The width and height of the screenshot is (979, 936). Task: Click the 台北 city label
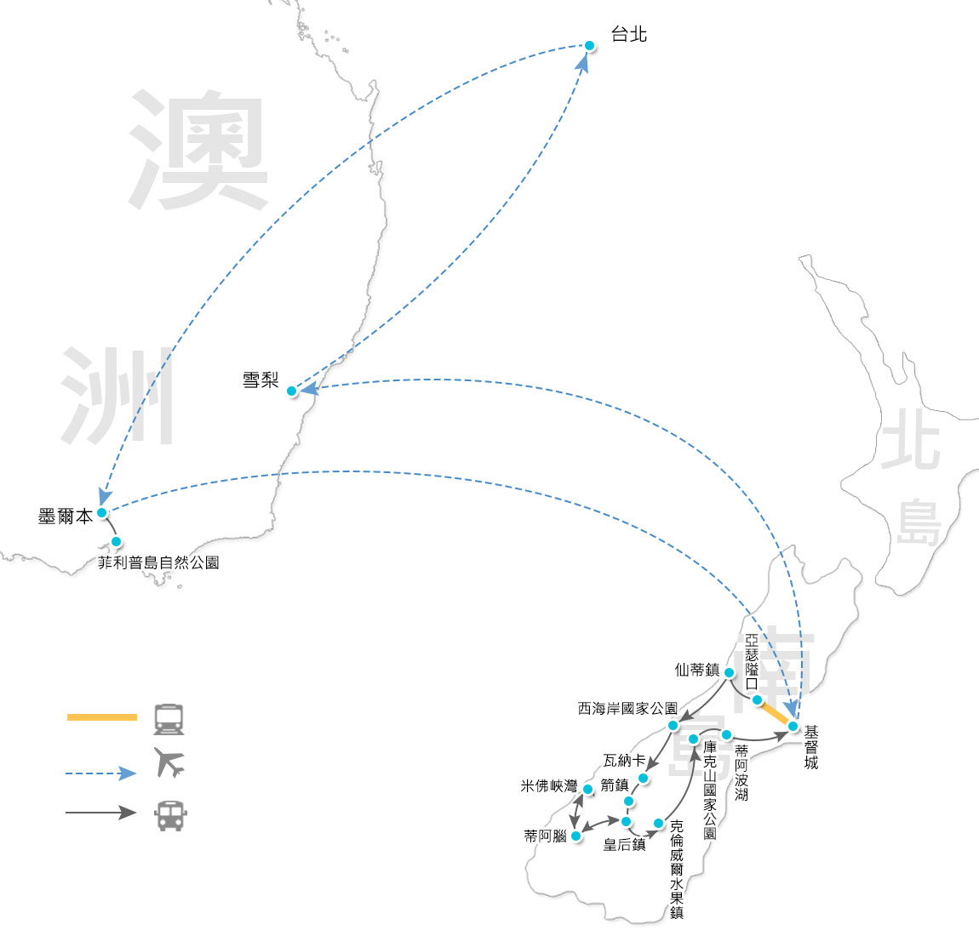629,34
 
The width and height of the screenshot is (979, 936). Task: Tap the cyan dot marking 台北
589,45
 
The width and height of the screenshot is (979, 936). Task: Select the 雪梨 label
260,380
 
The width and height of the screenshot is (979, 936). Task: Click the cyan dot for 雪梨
292,391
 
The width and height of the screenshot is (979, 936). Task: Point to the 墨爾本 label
65,517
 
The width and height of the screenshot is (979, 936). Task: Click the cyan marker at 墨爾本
102,513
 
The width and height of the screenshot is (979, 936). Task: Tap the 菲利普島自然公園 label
158,562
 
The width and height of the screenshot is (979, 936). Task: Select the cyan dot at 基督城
793,727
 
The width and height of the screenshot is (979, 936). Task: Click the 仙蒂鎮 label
697,670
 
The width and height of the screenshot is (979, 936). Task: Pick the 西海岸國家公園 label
627,708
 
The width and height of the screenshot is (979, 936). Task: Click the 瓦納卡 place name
624,760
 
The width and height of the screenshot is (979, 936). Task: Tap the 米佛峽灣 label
549,786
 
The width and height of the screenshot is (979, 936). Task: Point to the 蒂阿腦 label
546,836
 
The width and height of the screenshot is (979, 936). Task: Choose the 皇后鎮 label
624,845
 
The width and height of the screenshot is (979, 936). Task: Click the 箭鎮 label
614,785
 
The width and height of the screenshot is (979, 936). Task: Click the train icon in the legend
169,719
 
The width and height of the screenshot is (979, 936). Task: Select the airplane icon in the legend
169,762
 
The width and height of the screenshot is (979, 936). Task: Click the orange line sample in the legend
101,717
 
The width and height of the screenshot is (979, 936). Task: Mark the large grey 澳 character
199,151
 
